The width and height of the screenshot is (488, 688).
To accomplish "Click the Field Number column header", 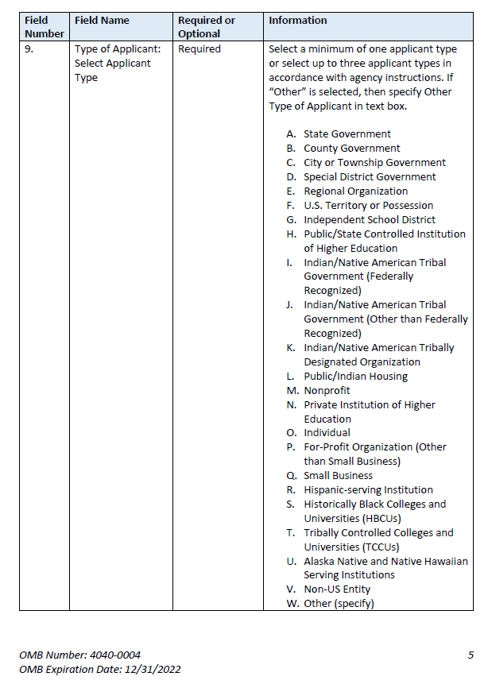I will [44, 27].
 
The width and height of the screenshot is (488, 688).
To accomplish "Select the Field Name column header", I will [102, 21].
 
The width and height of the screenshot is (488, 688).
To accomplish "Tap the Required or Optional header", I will [206, 27].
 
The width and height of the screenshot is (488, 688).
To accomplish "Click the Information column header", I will [297, 21].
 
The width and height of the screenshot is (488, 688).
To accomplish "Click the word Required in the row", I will [199, 49].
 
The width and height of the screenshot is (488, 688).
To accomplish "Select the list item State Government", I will [347, 134].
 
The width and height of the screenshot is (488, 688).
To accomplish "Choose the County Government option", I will [351, 149].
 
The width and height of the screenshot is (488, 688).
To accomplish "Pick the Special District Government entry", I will [370, 177].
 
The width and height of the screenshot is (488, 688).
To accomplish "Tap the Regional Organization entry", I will [355, 191].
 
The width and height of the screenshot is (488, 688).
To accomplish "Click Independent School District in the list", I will [370, 220].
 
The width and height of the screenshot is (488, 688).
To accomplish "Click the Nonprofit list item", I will [327, 391].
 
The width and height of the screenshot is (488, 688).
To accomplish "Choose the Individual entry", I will [327, 433].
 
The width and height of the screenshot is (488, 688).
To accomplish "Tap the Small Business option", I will [338, 476].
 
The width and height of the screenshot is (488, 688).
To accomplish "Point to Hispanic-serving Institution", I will [368, 490].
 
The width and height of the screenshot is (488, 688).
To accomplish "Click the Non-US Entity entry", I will [337, 589].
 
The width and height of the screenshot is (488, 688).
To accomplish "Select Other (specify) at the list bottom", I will [339, 604].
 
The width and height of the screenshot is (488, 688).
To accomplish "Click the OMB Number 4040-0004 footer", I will [80, 655].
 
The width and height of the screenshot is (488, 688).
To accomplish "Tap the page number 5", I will [471, 655].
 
